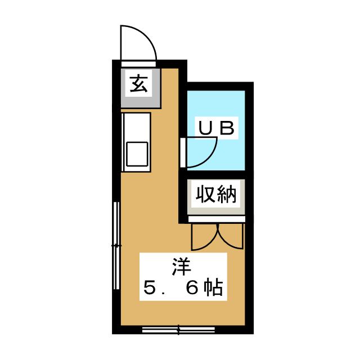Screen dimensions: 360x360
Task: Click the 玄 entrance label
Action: (138, 83)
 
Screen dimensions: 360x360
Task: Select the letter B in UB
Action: (227, 128)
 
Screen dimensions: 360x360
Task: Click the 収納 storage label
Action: (216, 194)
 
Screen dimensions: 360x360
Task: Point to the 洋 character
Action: (182, 267)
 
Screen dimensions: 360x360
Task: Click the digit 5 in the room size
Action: (150, 287)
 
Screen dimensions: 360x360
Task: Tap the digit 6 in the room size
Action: (192, 287)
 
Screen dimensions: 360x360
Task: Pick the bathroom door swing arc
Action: (209, 159)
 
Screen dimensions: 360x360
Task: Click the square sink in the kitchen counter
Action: (137, 154)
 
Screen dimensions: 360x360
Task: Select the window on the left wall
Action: (116, 246)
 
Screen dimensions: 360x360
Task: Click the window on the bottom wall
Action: (179, 330)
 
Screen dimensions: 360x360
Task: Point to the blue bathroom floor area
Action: (216, 130)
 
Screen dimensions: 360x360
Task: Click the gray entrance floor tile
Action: (141, 88)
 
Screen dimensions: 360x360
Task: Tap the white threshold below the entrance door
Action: (138, 64)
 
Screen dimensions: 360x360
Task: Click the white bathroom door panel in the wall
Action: (183, 152)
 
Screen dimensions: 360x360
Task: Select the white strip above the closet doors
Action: (217, 219)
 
